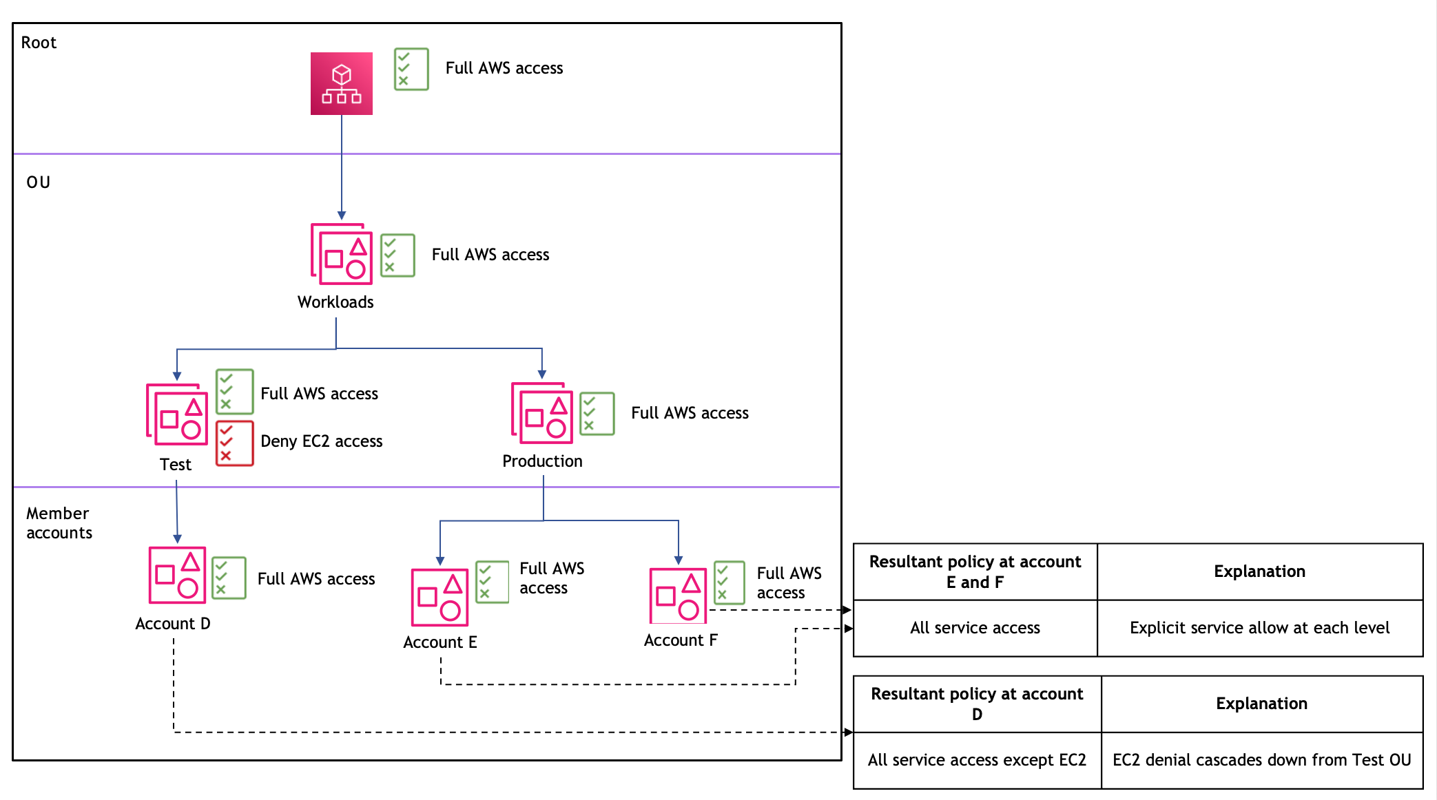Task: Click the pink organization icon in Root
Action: point(341,83)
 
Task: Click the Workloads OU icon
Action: point(342,254)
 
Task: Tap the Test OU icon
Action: point(177,414)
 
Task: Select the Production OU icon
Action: point(542,413)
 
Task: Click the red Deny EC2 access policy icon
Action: point(234,443)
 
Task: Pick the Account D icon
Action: point(177,575)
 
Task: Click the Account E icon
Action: point(440,597)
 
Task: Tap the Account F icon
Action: point(678,596)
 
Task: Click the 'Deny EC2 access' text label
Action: point(321,441)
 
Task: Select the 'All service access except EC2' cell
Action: point(976,760)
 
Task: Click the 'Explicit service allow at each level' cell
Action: point(1259,628)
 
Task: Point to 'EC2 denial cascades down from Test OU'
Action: point(1261,760)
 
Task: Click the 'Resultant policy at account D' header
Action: point(976,704)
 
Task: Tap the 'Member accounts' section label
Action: point(59,523)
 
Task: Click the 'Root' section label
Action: point(39,43)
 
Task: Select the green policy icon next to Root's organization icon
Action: point(411,69)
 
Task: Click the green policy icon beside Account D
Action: point(229,578)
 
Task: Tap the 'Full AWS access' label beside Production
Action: point(690,413)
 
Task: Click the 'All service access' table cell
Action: point(975,628)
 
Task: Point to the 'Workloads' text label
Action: point(335,302)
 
